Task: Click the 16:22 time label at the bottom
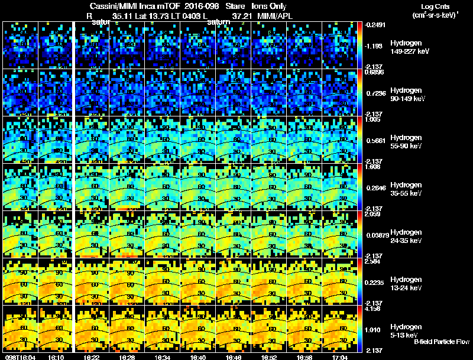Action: pyautogui.click(x=92, y=357)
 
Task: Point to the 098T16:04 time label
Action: pyautogui.click(x=20, y=357)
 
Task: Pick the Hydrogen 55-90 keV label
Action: pyautogui.click(x=406, y=141)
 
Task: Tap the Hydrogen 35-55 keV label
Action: pyautogui.click(x=406, y=189)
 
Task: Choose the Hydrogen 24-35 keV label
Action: pyautogui.click(x=406, y=236)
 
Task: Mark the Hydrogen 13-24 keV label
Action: pyautogui.click(x=406, y=283)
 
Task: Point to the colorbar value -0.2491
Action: pyautogui.click(x=376, y=25)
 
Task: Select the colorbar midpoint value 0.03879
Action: pyautogui.click(x=377, y=235)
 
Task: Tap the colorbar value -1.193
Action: pyautogui.click(x=375, y=46)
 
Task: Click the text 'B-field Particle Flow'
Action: pyautogui.click(x=442, y=342)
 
